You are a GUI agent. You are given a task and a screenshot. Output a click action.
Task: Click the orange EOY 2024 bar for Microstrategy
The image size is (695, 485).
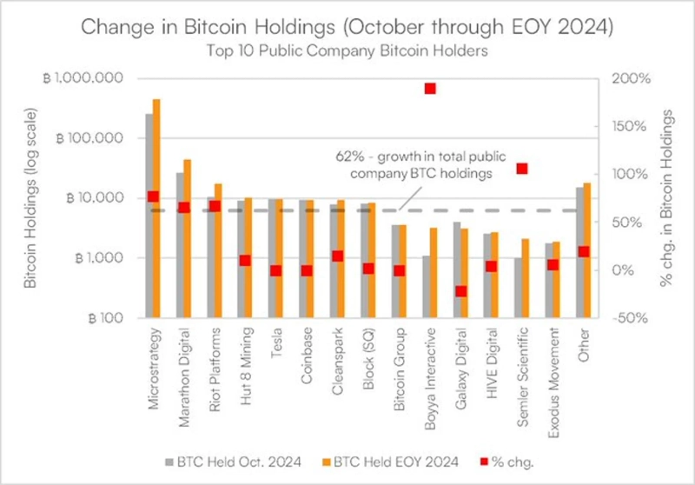(x=157, y=209)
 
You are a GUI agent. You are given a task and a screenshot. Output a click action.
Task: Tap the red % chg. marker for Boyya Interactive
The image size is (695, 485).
(x=429, y=89)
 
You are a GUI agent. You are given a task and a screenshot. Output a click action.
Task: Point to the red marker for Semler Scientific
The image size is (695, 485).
(x=522, y=169)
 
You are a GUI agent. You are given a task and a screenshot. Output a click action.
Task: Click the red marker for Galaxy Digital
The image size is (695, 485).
(x=461, y=291)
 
